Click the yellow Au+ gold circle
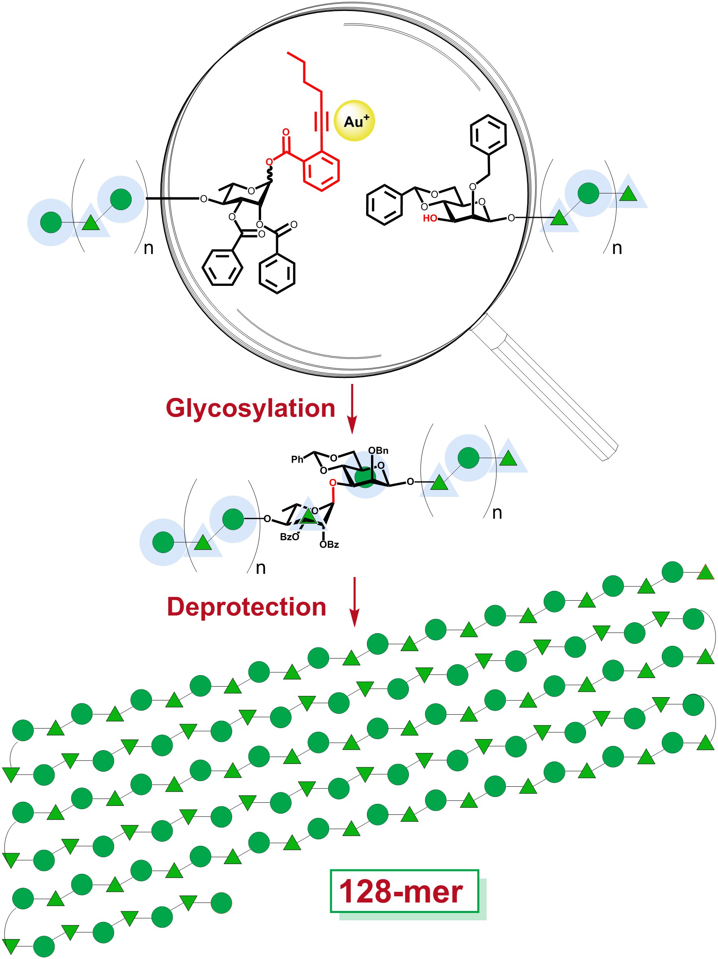(355, 121)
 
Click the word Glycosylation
(250, 408)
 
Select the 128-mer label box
(404, 891)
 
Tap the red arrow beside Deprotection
(355, 602)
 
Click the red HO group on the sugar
(430, 218)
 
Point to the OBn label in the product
(378, 450)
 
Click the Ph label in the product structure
(297, 459)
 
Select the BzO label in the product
(289, 537)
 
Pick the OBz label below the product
(329, 544)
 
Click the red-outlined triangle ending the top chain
(705, 573)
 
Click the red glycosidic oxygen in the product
(333, 483)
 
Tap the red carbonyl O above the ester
(286, 132)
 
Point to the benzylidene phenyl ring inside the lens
(384, 205)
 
